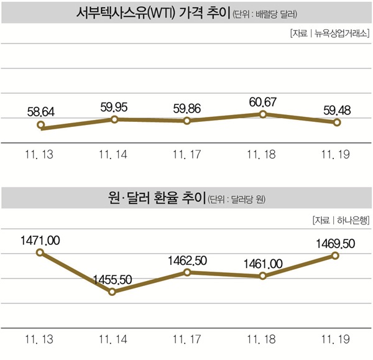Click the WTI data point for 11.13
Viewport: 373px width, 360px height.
[x=40, y=126]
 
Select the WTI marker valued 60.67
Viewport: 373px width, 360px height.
[x=263, y=114]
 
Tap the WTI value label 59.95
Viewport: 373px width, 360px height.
[x=114, y=106]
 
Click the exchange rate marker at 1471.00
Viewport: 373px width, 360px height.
[x=40, y=252]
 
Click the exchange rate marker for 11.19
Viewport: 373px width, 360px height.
[x=336, y=255]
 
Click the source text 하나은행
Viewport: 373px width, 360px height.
[x=352, y=219]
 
